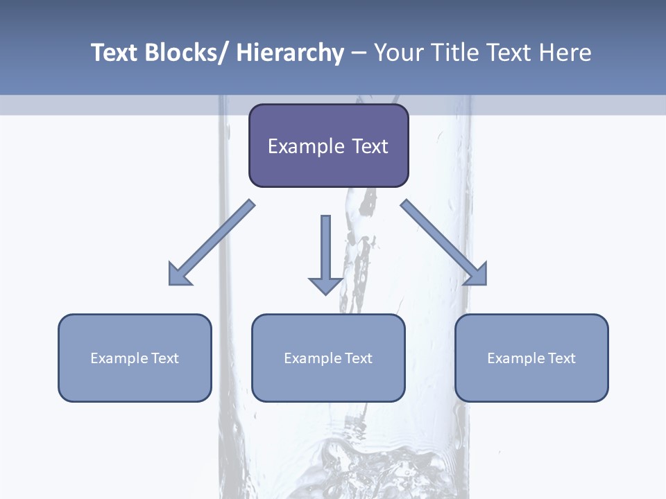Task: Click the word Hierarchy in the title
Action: (x=290, y=53)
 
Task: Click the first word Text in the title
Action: (x=114, y=53)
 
